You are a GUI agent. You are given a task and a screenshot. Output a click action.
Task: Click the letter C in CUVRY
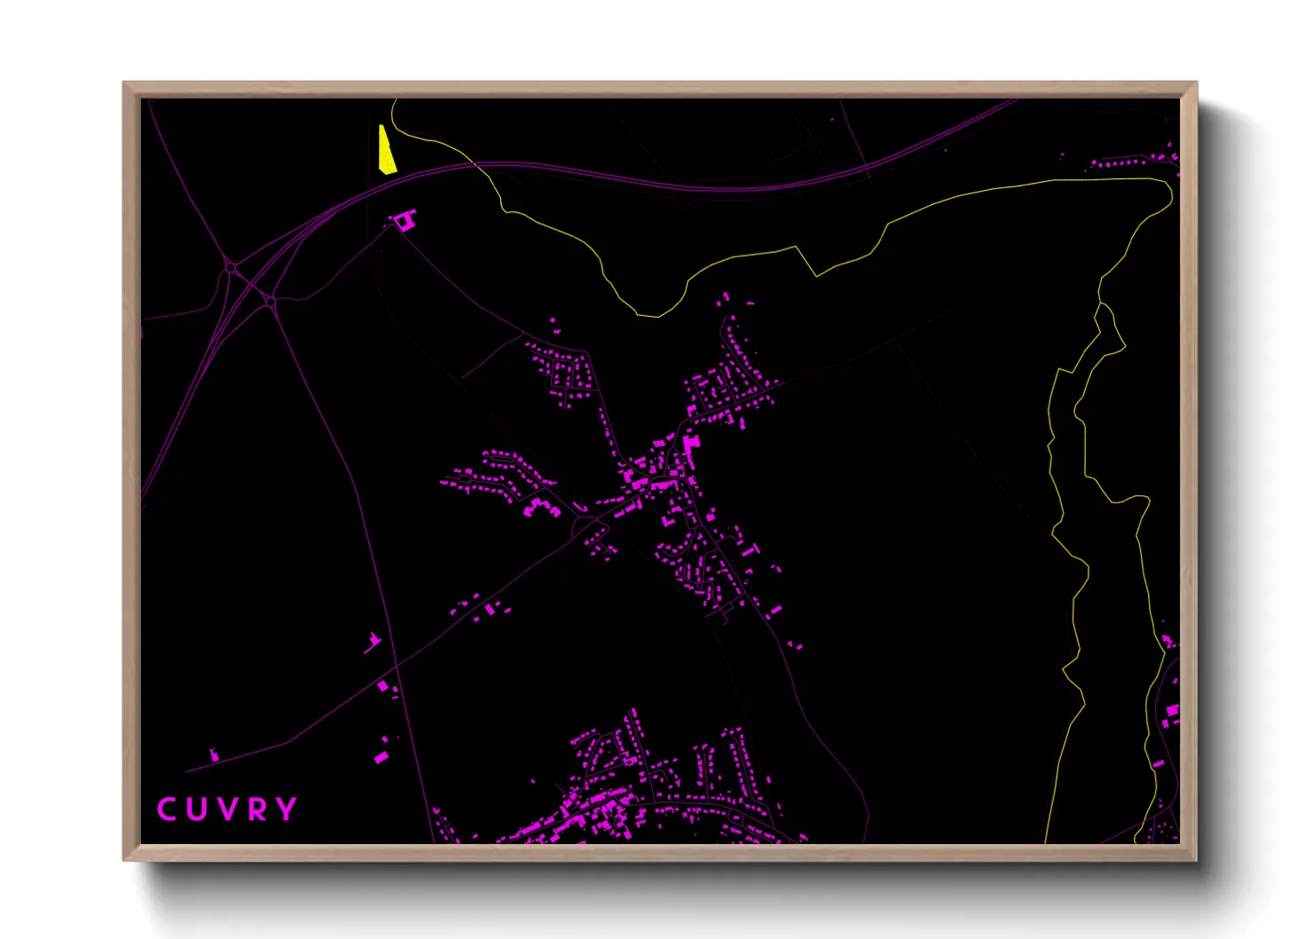[x=166, y=809]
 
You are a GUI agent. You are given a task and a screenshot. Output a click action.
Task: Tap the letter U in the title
[x=196, y=809]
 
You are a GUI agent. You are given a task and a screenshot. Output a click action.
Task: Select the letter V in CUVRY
[x=226, y=809]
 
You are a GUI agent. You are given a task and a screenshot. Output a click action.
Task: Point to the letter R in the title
[x=256, y=809]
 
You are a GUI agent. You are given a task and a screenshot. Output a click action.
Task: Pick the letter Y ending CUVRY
[x=286, y=809]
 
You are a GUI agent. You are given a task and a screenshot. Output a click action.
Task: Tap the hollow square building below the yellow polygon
[x=405, y=220]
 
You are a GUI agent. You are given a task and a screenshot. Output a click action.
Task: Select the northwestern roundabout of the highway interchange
[x=231, y=266]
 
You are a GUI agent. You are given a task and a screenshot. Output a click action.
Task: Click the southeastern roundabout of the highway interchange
[x=271, y=303]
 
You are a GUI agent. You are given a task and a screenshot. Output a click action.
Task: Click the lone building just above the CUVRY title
[x=214, y=755]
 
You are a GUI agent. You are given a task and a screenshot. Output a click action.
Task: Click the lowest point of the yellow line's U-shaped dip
[x=656, y=316]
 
